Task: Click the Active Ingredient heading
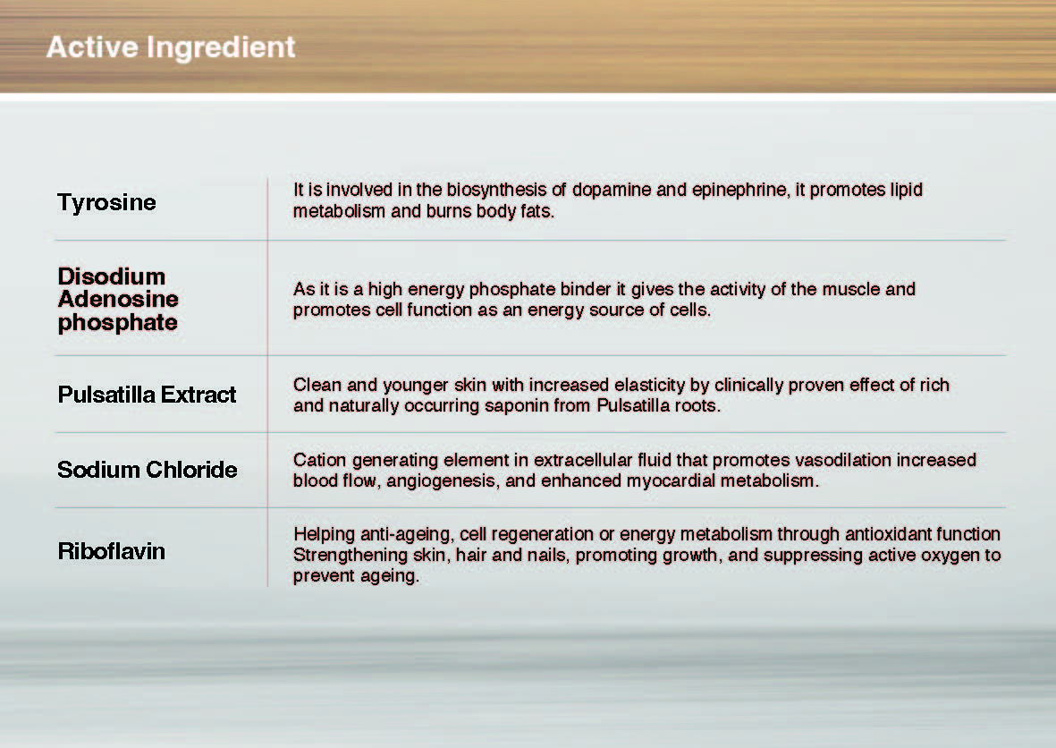point(171,47)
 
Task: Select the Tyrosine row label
point(106,203)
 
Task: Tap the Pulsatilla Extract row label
point(147,395)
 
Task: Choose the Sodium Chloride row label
point(148,470)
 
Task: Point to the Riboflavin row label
point(111,551)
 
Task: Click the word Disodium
point(112,276)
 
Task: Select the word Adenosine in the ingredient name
point(119,299)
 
